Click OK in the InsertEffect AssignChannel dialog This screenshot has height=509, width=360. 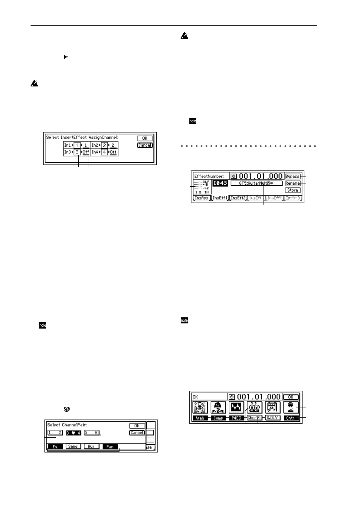pos(145,138)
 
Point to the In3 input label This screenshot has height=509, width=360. pos(67,152)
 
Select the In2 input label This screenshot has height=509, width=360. pos(95,145)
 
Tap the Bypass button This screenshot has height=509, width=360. pos(293,177)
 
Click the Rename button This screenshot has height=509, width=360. pos(293,183)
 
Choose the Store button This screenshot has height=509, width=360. pos(293,190)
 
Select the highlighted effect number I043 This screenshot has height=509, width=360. pos(220,183)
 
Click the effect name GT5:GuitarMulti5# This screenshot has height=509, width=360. pos(256,183)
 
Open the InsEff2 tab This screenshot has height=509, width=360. pos(238,198)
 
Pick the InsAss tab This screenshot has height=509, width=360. pos(201,198)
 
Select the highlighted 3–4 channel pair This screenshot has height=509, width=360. pos(74,433)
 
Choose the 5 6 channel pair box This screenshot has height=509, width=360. pos(92,433)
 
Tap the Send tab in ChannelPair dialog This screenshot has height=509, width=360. pos(73,446)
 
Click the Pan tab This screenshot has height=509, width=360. pos(110,446)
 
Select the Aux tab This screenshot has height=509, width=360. pos(91,446)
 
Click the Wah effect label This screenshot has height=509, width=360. pos(200,418)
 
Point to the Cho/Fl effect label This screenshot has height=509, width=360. pos(254,418)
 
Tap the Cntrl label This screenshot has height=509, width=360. pos(291,418)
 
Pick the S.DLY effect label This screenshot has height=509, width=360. pos(273,418)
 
